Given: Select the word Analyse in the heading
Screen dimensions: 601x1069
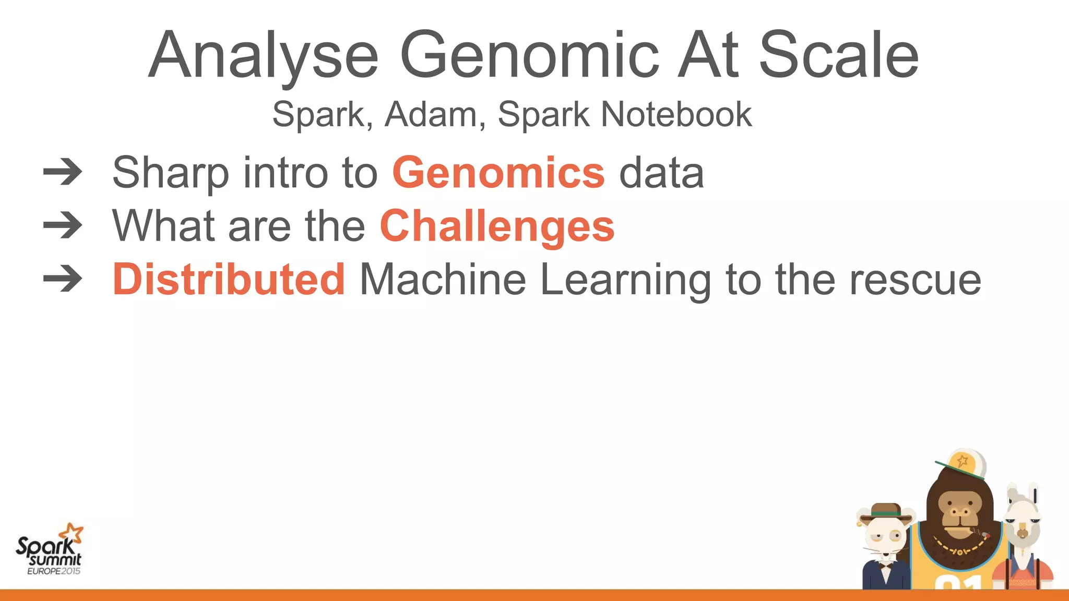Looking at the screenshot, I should (x=263, y=55).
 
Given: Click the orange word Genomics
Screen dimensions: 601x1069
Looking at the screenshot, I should (x=498, y=173).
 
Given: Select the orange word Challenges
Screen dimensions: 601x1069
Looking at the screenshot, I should (x=497, y=226).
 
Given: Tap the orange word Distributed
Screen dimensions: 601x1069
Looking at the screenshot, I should (x=229, y=280).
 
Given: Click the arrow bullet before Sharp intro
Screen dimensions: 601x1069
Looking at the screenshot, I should (x=63, y=173).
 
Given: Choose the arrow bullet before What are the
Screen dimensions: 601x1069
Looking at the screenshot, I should (x=63, y=226).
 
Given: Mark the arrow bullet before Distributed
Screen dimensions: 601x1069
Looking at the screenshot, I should (x=63, y=280).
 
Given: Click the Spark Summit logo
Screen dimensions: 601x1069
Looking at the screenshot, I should (x=49, y=550).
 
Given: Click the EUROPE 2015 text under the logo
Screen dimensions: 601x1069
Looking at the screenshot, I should (x=54, y=571).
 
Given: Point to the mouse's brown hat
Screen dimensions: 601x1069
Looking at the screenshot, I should (x=886, y=511).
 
